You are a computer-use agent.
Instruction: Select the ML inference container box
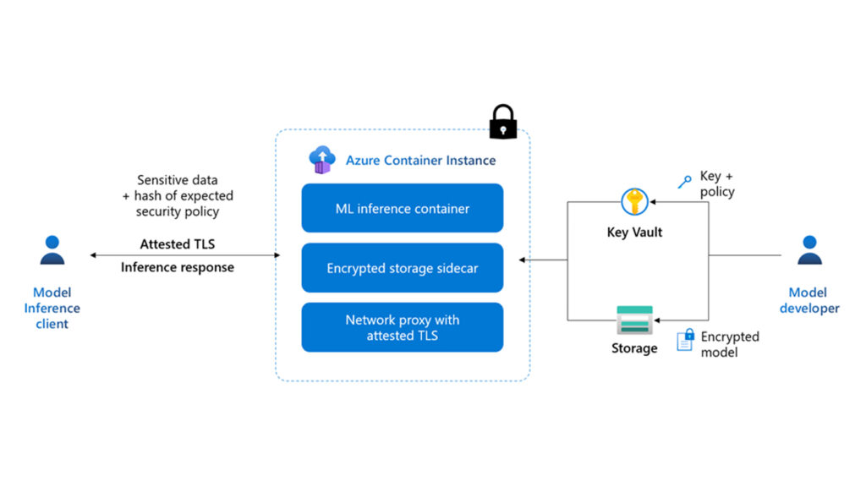point(403,208)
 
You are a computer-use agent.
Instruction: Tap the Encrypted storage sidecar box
point(403,268)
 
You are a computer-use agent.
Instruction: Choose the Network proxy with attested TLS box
point(403,327)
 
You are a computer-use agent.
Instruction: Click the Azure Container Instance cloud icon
point(322,159)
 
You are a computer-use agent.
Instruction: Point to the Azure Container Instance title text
point(420,160)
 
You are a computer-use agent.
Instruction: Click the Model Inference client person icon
point(52,250)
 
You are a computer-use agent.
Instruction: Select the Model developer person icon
point(809,250)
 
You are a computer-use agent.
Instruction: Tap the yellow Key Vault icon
point(634,203)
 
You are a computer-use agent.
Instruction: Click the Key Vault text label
point(634,233)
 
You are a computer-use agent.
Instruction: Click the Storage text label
point(634,348)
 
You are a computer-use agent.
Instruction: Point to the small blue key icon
point(685,181)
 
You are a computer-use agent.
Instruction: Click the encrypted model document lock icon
point(685,340)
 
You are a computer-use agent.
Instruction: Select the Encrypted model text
point(729,344)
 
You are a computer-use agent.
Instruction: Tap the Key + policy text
point(717,184)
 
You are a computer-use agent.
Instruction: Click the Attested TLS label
point(178,244)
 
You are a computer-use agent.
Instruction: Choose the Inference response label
point(178,267)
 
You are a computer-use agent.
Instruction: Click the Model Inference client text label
point(52,309)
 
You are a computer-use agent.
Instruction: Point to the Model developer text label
point(809,300)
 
